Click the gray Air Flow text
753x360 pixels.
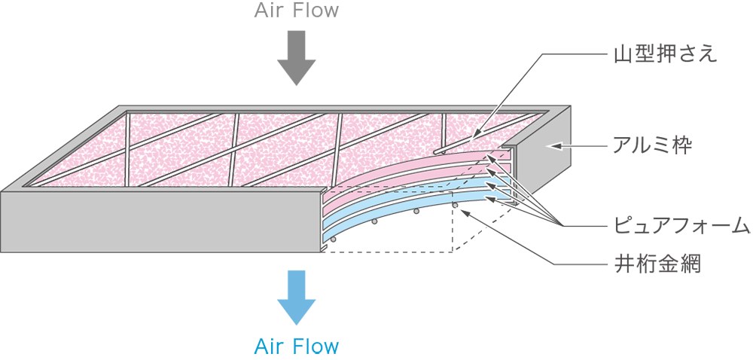tap(296, 10)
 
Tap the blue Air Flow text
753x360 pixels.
tap(296, 346)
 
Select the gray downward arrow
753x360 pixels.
tap(296, 57)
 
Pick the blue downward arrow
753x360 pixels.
tap(296, 297)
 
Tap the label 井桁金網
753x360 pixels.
tap(657, 264)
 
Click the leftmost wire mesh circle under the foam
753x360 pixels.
tap(333, 239)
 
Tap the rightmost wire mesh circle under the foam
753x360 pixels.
tap(455, 205)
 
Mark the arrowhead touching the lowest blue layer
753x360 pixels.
tap(490, 197)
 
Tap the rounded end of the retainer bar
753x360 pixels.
tap(435, 151)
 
